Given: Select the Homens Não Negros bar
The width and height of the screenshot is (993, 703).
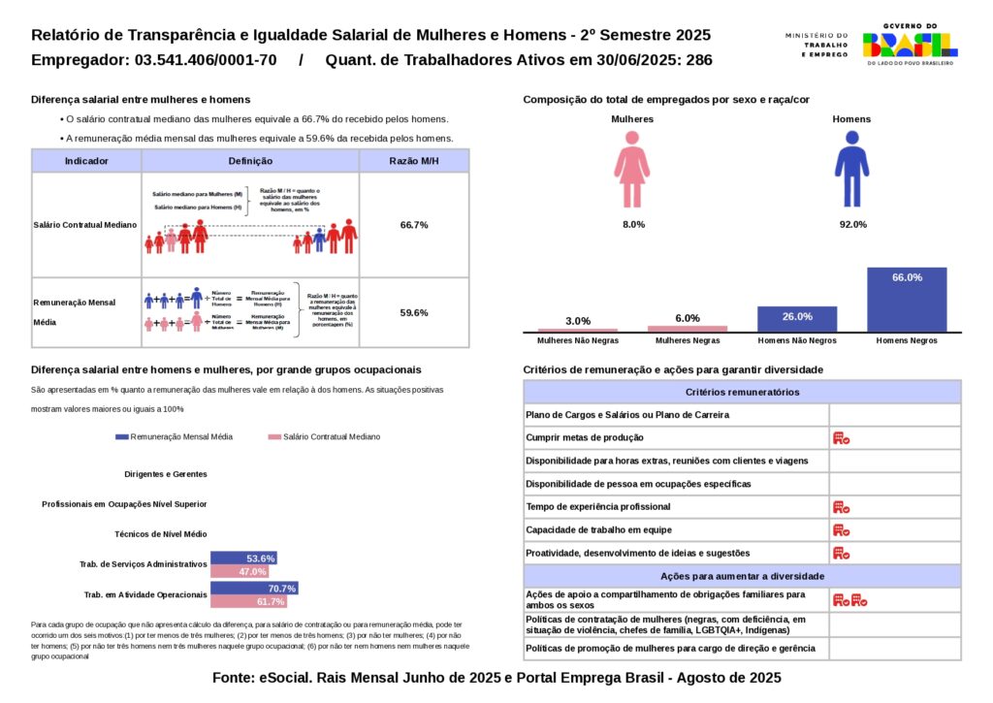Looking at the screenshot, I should (x=797, y=319).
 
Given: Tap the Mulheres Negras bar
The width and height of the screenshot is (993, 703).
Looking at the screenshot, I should (x=688, y=329).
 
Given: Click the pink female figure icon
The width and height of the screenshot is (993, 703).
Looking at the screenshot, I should (x=632, y=169).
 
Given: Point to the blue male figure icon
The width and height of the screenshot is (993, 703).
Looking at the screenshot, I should (x=851, y=169).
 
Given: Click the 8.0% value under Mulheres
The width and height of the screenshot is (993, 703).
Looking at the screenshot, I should (x=633, y=225).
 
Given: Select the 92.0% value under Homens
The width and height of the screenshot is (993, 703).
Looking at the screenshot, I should (x=851, y=225).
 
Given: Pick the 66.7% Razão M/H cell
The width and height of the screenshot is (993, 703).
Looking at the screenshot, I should (x=414, y=225).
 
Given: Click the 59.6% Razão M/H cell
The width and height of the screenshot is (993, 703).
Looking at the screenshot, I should (x=414, y=313).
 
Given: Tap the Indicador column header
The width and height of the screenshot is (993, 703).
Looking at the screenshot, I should (x=86, y=161).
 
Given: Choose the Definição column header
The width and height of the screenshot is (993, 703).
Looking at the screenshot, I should (x=250, y=161).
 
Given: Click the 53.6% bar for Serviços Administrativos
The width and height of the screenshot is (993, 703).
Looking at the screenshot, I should (x=244, y=559).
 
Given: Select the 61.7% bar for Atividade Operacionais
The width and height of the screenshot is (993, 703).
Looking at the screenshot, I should (x=249, y=602).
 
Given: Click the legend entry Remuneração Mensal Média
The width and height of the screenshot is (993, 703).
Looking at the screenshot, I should (x=175, y=437).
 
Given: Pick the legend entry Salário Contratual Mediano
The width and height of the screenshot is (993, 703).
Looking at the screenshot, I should (x=325, y=437).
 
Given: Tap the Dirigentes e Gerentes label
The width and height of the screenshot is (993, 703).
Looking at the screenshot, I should (x=166, y=474).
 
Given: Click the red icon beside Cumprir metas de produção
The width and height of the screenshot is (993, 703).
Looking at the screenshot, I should (x=841, y=438).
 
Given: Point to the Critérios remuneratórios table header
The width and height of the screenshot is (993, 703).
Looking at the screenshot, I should (x=742, y=393).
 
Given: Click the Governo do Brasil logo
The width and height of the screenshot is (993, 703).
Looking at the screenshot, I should (x=910, y=44).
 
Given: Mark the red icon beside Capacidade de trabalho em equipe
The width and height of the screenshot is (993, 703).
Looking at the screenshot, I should (x=841, y=530).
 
